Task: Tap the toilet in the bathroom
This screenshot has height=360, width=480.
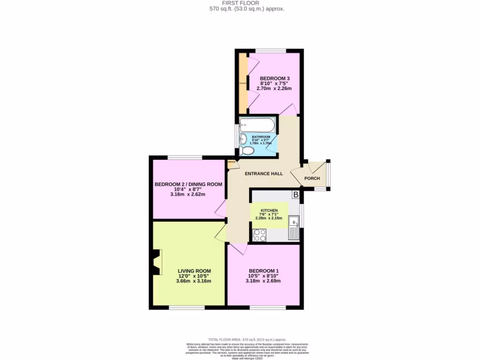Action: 246,150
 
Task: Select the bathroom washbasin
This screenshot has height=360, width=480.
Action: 242,139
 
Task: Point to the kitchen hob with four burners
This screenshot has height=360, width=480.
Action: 259,234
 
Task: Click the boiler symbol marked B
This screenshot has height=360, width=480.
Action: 296,194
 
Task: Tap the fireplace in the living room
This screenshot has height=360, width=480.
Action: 156,262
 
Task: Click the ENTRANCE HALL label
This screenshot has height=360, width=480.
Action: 264,173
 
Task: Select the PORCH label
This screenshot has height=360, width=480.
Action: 312,178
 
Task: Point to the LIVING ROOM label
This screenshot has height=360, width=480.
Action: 194,271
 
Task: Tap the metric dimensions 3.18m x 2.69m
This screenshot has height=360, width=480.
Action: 264,281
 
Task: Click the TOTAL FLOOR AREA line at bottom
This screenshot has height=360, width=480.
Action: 247,339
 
